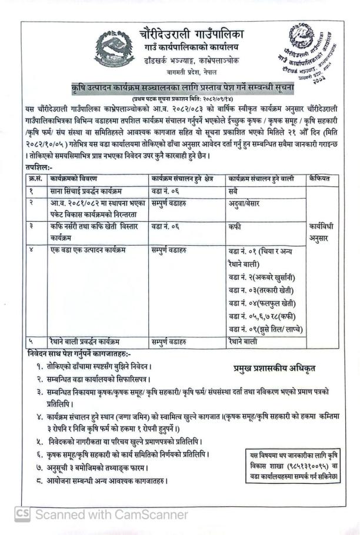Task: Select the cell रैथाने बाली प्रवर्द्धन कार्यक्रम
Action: [87, 341]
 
